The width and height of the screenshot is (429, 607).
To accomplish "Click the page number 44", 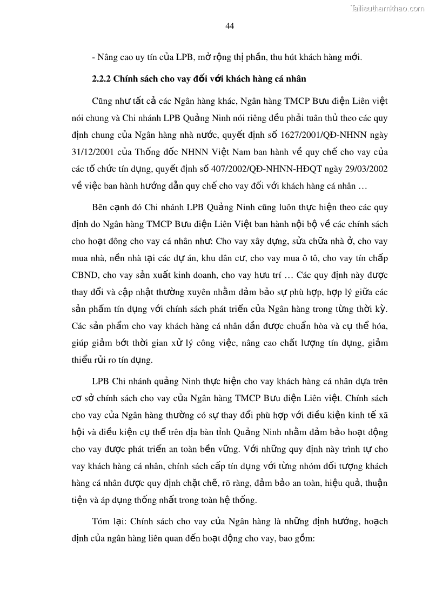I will (229, 26).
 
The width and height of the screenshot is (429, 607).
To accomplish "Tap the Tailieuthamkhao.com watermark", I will (387, 8).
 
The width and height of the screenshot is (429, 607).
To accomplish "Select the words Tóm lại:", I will (110, 522).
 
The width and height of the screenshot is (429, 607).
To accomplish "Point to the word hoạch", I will (376, 522).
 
